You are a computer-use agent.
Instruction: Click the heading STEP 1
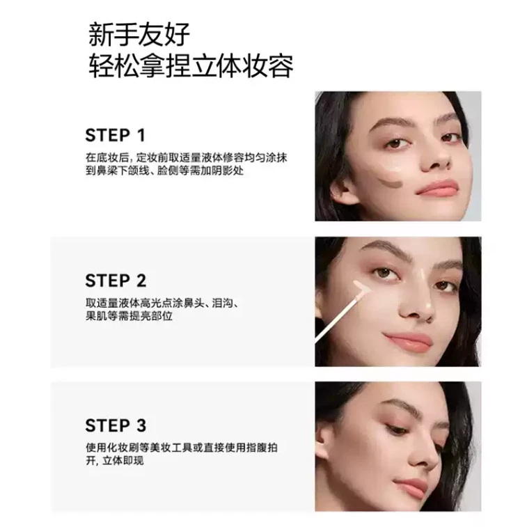coord(115,135)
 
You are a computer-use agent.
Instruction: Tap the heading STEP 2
coord(116,281)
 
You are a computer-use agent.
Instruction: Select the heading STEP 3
coord(116,425)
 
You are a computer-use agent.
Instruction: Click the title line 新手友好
coord(139,34)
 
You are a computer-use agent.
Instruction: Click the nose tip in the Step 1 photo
coord(439,162)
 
